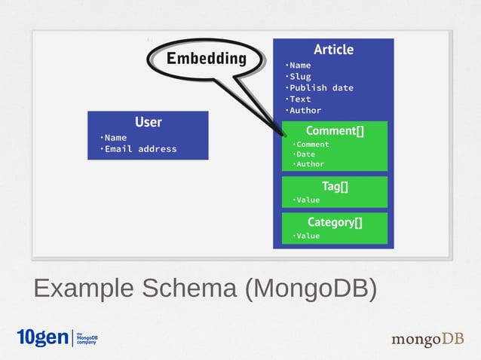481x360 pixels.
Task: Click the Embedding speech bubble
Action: pyautogui.click(x=206, y=59)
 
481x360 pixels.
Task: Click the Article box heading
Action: pyautogui.click(x=333, y=50)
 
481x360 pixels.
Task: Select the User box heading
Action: pyautogui.click(x=148, y=122)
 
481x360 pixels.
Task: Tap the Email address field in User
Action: pyautogui.click(x=140, y=148)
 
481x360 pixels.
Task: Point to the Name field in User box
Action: pyautogui.click(x=115, y=137)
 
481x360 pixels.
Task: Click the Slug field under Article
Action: pyautogui.click(x=299, y=76)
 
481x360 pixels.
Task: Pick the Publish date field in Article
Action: pyautogui.click(x=320, y=87)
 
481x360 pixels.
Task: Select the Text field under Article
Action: pyautogui.click(x=299, y=99)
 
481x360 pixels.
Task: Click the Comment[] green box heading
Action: pyautogui.click(x=334, y=131)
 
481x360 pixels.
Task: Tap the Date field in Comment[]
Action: pyautogui.click(x=305, y=154)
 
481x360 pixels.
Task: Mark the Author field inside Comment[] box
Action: pyautogui.click(x=309, y=163)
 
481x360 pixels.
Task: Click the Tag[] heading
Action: pyautogui.click(x=334, y=186)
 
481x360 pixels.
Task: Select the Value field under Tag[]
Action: pyautogui.click(x=307, y=200)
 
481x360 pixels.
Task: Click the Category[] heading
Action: pyautogui.click(x=334, y=222)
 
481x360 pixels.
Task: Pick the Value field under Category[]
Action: pyautogui.click(x=307, y=236)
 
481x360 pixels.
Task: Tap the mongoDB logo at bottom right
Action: pyautogui.click(x=427, y=340)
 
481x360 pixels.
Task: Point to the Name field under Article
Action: pyautogui.click(x=299, y=65)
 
